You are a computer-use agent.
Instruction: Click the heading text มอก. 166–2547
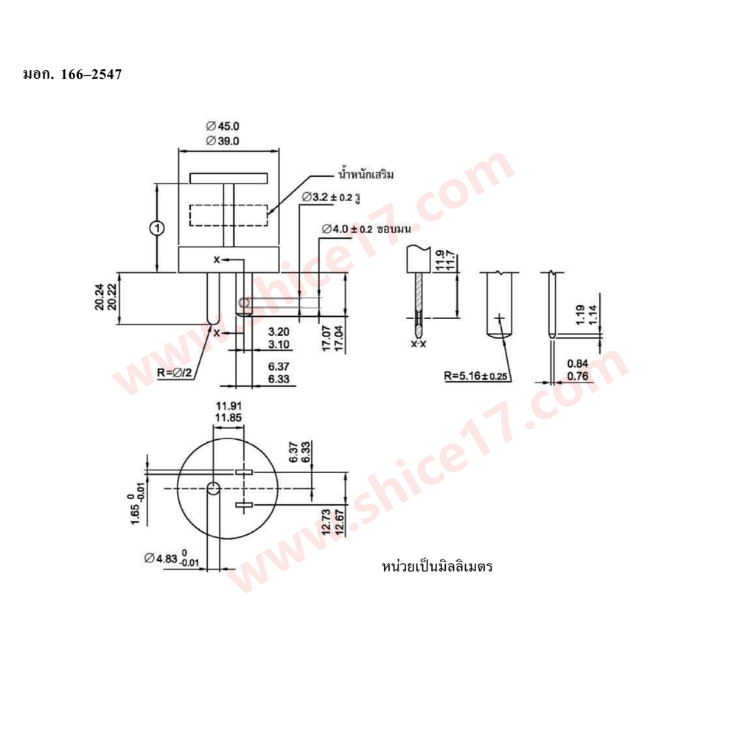(72, 74)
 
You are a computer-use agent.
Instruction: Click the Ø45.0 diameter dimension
(223, 126)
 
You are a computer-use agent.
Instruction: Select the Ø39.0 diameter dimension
(223, 141)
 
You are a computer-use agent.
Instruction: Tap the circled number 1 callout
(157, 228)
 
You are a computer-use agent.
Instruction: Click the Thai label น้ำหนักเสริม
(366, 175)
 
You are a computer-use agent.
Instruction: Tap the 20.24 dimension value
(99, 297)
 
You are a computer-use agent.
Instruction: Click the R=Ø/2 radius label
(175, 373)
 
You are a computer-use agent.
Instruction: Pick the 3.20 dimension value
(279, 332)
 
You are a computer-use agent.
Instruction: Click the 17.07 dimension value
(326, 338)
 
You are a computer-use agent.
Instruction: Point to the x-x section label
(419, 344)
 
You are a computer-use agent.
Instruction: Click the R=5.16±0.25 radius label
(475, 376)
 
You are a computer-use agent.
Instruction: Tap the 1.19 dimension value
(581, 315)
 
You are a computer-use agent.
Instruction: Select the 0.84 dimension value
(578, 364)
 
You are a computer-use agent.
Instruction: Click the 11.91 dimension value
(228, 405)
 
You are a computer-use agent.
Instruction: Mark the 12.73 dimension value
(326, 522)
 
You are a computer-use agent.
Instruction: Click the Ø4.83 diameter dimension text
(172, 559)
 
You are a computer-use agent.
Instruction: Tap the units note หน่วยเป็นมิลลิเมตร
(437, 566)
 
